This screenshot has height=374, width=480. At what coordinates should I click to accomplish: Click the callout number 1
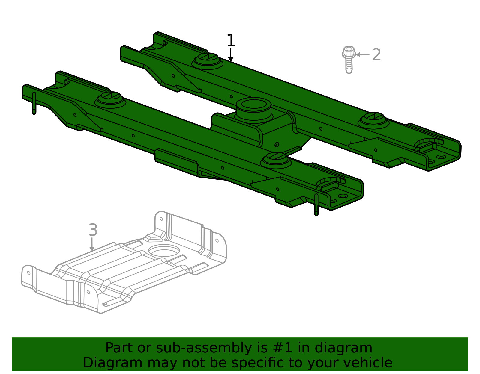(231, 40)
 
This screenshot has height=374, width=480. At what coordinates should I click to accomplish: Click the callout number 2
(376, 55)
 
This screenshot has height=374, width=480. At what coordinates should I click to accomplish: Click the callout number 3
(93, 230)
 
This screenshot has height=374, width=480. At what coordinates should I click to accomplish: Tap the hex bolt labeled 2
(349, 60)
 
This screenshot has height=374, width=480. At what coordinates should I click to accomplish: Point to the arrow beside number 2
(362, 54)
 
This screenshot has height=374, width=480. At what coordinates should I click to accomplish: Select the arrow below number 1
(231, 55)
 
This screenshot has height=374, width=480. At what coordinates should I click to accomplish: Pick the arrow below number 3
(92, 244)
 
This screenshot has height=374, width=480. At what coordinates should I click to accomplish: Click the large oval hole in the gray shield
(164, 251)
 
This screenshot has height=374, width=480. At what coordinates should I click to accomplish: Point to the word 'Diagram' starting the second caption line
(113, 363)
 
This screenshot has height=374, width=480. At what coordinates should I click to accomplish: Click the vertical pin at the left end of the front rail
(34, 103)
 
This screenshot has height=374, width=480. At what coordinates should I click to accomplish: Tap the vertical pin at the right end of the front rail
(316, 205)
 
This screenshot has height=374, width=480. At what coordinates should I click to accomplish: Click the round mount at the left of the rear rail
(207, 61)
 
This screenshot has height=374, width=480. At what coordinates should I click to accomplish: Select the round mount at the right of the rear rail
(373, 120)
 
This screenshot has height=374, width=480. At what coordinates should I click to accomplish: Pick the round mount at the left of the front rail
(110, 100)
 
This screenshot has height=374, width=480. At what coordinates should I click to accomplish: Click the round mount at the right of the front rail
(276, 160)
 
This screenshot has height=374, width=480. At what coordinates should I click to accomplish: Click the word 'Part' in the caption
(119, 348)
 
